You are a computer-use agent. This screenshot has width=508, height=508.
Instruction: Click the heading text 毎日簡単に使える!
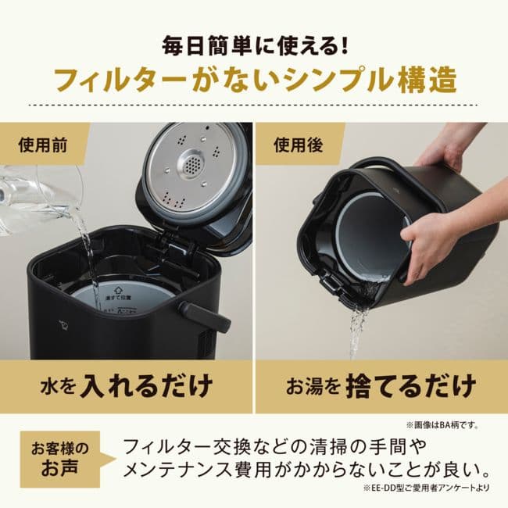pos(254,44)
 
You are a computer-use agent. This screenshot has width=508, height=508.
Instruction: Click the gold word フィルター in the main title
pos(126,81)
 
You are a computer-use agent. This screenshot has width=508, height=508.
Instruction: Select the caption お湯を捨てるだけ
pos(381,385)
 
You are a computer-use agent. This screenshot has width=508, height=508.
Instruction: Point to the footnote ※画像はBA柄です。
pos(442,425)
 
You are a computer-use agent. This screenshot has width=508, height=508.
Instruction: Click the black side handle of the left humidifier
pos(209,316)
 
